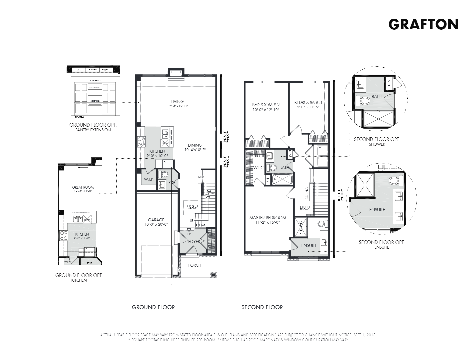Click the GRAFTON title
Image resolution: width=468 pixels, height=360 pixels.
(423, 24)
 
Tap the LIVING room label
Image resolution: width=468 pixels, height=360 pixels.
(177, 102)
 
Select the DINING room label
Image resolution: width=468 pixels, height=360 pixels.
(195, 145)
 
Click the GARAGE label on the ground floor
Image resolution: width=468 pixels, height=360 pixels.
(156, 220)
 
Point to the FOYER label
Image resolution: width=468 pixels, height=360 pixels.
(194, 242)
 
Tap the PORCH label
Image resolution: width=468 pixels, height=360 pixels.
(195, 265)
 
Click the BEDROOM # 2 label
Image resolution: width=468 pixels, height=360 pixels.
(266, 105)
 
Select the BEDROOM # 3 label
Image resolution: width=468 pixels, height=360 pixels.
(308, 102)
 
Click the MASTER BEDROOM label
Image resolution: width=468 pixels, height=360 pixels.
(268, 218)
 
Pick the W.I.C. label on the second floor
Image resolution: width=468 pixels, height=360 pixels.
(259, 168)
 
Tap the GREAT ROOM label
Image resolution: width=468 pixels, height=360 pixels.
(83, 187)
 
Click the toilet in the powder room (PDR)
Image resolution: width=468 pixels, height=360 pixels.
(164, 174)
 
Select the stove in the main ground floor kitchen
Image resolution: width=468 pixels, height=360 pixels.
(141, 142)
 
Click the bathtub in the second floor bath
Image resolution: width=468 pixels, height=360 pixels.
(282, 180)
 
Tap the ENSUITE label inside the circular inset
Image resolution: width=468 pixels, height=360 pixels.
(377, 210)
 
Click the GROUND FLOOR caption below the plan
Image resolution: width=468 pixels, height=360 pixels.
(153, 307)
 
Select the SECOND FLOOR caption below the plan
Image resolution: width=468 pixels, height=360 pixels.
(262, 307)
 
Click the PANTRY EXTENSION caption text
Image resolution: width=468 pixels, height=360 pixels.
(93, 130)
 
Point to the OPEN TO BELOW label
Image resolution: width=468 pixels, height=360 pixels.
(304, 208)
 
